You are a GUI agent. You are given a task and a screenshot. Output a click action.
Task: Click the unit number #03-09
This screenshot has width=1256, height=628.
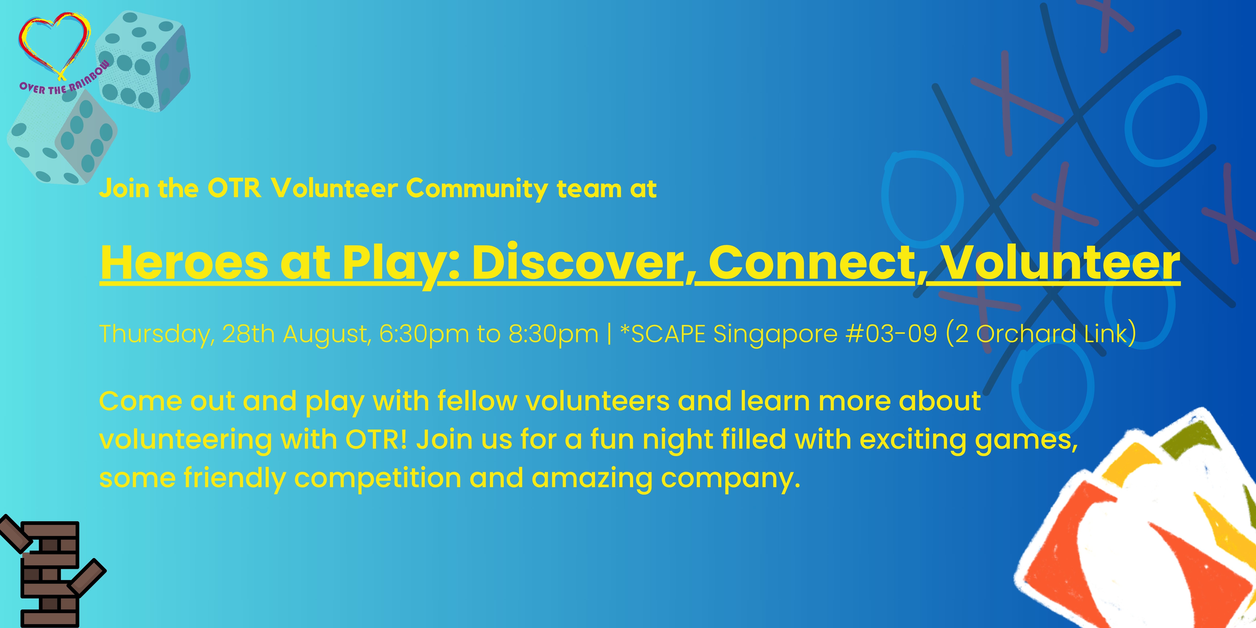point(891,333)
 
